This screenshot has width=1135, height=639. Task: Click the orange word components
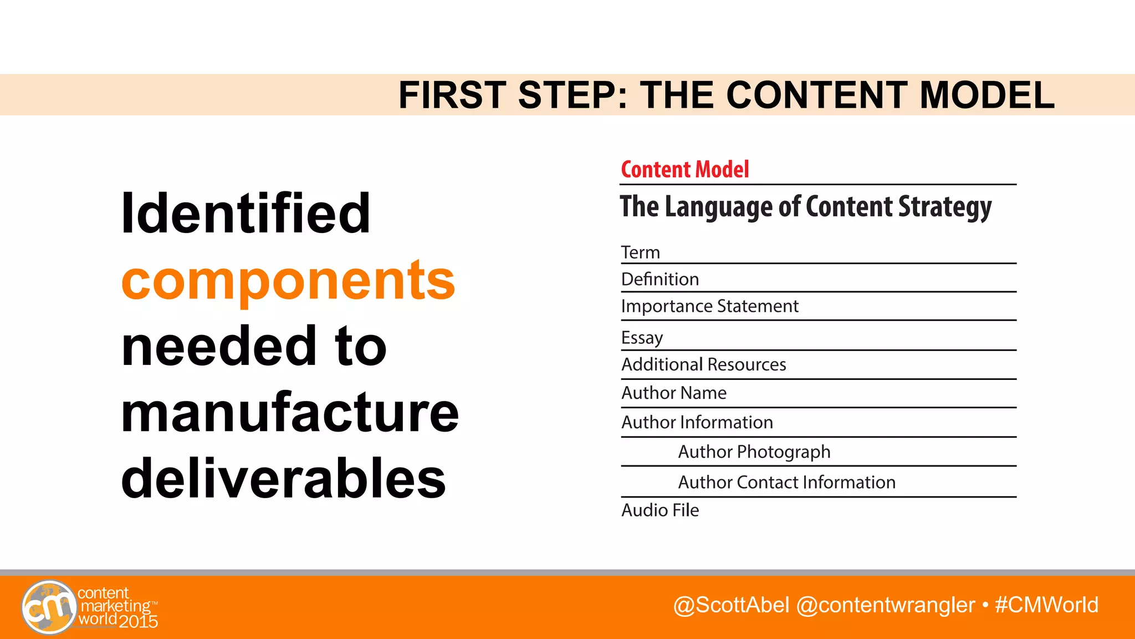288,281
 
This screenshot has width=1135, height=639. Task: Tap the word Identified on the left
246,213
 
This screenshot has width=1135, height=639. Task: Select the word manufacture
290,413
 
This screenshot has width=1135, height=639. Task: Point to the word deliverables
283,479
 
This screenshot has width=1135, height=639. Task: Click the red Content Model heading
684,170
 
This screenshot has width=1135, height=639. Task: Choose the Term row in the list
641,252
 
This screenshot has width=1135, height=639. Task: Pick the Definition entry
660,279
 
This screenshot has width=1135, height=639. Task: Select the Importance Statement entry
709,306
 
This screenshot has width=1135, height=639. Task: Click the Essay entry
642,337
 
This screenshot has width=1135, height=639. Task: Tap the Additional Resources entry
703,364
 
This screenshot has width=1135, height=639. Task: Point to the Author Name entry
673,393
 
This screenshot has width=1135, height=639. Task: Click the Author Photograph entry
754,452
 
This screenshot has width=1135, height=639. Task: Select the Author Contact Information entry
786,482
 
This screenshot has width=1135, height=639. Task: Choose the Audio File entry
660,510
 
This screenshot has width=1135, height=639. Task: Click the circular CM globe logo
49,607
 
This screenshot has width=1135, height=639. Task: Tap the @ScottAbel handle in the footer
731,605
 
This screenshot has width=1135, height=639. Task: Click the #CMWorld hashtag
1046,605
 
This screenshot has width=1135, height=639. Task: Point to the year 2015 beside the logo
138,622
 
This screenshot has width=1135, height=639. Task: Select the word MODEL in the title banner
987,95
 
